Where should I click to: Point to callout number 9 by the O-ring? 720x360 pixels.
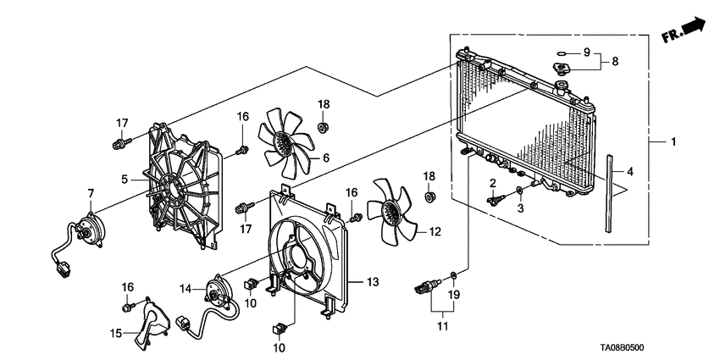(585, 53)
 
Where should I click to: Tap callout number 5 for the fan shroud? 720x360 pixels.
(125, 179)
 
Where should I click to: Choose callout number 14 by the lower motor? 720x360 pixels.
(186, 289)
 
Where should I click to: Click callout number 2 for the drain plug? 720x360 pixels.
(492, 183)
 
